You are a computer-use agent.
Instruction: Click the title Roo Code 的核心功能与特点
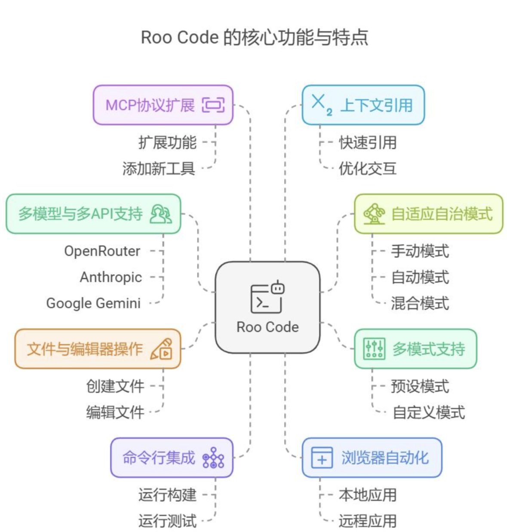click(x=254, y=37)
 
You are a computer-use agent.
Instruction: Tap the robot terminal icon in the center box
click(x=267, y=297)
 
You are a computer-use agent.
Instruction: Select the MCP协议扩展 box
click(x=163, y=105)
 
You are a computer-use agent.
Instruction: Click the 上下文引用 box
click(x=363, y=105)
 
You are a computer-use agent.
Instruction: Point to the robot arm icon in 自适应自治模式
click(x=374, y=214)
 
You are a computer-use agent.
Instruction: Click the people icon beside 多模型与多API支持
click(x=160, y=214)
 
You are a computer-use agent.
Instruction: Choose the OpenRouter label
click(x=102, y=251)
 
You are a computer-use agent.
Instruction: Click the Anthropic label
click(x=111, y=277)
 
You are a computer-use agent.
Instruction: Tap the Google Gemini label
click(x=93, y=303)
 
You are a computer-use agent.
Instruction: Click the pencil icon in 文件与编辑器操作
click(x=162, y=349)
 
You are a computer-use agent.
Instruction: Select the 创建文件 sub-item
click(x=115, y=386)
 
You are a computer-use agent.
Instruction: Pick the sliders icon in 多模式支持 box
click(x=374, y=349)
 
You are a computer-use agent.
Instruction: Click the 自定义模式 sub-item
click(x=429, y=412)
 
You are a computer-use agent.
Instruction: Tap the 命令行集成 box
click(x=172, y=458)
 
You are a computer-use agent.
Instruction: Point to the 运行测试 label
click(x=167, y=521)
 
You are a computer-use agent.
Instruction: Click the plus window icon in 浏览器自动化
click(x=322, y=458)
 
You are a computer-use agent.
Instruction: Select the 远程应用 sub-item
click(x=368, y=521)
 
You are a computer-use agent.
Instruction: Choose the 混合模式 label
click(x=420, y=303)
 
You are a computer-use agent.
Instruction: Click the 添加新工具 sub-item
click(x=159, y=169)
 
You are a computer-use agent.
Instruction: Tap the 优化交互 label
click(x=368, y=169)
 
